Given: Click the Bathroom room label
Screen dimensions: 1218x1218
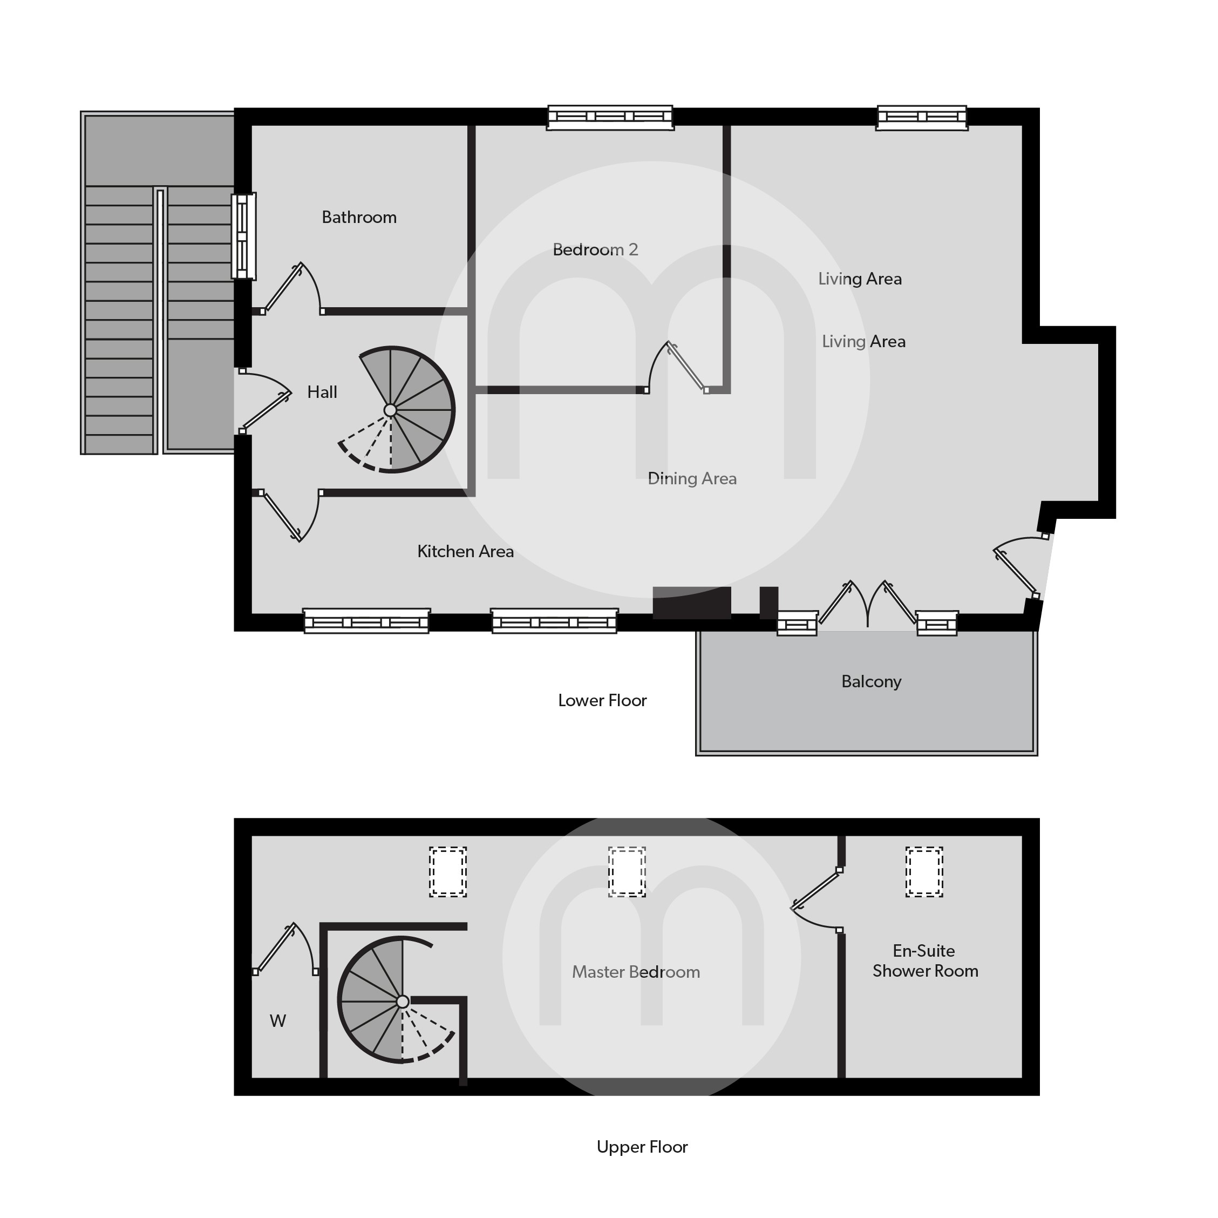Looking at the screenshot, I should point(359,218).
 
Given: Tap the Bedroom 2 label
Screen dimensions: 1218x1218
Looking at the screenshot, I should point(595,250).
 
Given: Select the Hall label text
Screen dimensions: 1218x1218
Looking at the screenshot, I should point(322,393).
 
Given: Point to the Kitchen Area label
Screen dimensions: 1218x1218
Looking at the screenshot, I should point(465,552).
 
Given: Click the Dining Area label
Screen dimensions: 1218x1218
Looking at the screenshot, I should point(692,479).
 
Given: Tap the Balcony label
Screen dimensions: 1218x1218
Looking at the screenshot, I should point(871,682).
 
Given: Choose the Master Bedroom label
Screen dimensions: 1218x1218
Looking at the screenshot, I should point(636,972).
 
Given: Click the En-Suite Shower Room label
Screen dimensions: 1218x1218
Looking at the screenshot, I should point(925,960).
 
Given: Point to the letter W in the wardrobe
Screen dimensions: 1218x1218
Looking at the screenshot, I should point(277,1020).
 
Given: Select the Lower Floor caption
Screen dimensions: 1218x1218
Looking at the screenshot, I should point(602,701).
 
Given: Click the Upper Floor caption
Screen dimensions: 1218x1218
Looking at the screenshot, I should point(642,1147).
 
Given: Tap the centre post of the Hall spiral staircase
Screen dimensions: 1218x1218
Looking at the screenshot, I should point(390,411).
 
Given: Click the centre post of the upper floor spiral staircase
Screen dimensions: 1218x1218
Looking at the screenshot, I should point(402,1002).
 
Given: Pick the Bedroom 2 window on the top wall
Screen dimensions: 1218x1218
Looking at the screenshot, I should point(610,117).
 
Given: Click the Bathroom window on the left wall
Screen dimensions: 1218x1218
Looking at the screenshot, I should point(243,236).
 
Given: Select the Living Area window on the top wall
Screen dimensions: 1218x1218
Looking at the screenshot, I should point(921,117).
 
